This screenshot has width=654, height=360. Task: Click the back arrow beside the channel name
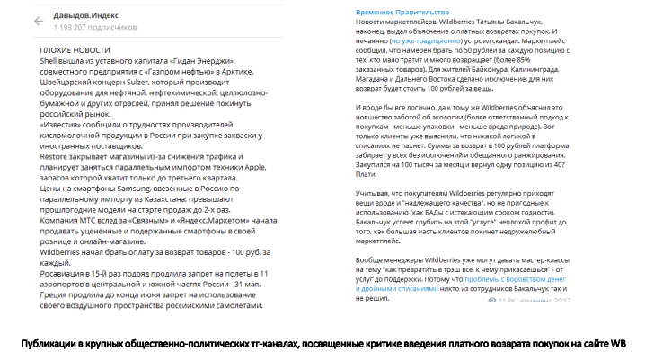pyautogui.click(x=38, y=20)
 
